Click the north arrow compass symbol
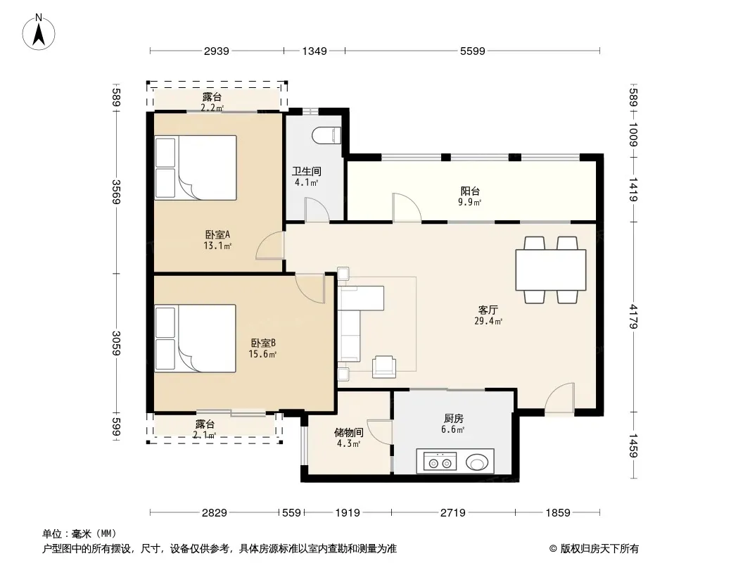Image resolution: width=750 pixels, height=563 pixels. (x=39, y=32)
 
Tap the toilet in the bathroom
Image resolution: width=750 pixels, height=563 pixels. (x=326, y=135)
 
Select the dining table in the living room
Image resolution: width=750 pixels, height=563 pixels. (x=551, y=270)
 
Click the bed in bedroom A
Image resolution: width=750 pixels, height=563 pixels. (x=196, y=167)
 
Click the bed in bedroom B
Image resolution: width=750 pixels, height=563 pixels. (x=195, y=339)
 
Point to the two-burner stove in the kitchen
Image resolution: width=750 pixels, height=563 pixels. (x=440, y=462)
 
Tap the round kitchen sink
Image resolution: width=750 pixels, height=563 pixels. (x=477, y=462)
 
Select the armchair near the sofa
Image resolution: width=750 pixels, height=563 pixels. (x=384, y=367)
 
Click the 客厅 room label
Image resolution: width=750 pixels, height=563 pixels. (x=488, y=310)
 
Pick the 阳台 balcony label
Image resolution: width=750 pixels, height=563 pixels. (x=470, y=191)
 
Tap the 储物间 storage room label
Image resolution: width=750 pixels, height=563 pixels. (x=348, y=432)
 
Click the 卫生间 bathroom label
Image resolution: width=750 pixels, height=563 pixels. (x=307, y=171)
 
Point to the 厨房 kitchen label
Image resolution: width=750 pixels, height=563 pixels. (x=453, y=419)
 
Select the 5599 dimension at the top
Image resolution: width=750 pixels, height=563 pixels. (x=473, y=51)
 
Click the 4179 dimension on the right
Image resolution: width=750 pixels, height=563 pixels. (x=633, y=317)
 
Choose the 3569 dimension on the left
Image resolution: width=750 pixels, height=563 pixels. (x=116, y=191)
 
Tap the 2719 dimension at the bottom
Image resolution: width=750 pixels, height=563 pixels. (x=453, y=513)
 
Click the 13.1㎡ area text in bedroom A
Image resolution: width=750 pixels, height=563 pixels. (x=217, y=246)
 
